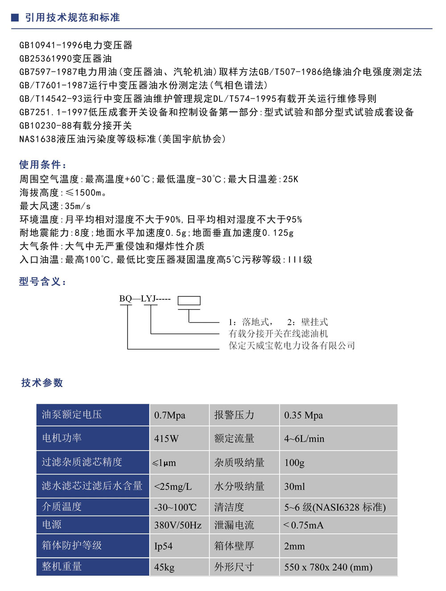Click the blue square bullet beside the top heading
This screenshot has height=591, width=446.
click(15, 17)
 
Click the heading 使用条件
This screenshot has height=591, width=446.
click(43, 165)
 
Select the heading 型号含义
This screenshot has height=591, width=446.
click(43, 281)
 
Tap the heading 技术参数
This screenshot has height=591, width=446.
click(42, 383)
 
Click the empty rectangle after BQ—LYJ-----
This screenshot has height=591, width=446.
click(189, 301)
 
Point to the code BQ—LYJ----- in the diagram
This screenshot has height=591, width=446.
click(145, 299)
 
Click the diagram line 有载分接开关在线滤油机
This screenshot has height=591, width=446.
click(278, 334)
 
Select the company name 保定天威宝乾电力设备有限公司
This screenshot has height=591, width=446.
click(292, 346)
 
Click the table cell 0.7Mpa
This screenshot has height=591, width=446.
click(169, 415)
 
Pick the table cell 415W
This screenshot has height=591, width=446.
click(166, 439)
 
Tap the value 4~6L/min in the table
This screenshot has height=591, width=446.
click(304, 439)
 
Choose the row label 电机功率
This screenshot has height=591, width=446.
click(62, 438)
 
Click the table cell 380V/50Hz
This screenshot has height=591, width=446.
click(178, 525)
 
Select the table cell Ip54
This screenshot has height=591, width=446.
click(163, 546)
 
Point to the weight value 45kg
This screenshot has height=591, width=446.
click(164, 567)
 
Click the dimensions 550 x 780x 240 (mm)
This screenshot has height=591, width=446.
click(328, 567)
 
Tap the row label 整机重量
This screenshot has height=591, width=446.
click(62, 566)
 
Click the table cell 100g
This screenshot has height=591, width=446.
click(294, 463)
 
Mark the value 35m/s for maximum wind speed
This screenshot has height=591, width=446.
click(78, 206)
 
